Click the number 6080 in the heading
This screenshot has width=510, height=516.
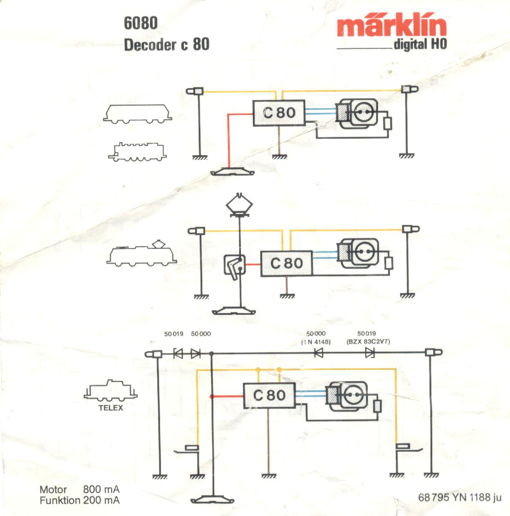[141, 23]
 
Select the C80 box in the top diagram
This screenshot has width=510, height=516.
[280, 112]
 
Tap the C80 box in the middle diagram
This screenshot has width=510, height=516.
[287, 263]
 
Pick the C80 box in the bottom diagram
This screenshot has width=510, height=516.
[269, 395]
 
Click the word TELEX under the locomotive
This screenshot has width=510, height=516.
[111, 407]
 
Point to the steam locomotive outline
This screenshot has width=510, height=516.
[137, 151]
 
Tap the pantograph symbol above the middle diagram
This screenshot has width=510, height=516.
[239, 205]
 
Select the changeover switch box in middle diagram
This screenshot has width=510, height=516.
[235, 265]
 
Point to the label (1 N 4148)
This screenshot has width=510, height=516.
[316, 342]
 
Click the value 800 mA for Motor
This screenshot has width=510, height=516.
[101, 489]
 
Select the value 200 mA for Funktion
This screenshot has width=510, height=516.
[101, 500]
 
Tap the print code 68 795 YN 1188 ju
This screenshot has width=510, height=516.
[459, 498]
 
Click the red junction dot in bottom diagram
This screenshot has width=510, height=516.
[212, 396]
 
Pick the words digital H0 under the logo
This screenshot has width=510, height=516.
[420, 45]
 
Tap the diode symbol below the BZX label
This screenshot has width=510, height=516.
[369, 353]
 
